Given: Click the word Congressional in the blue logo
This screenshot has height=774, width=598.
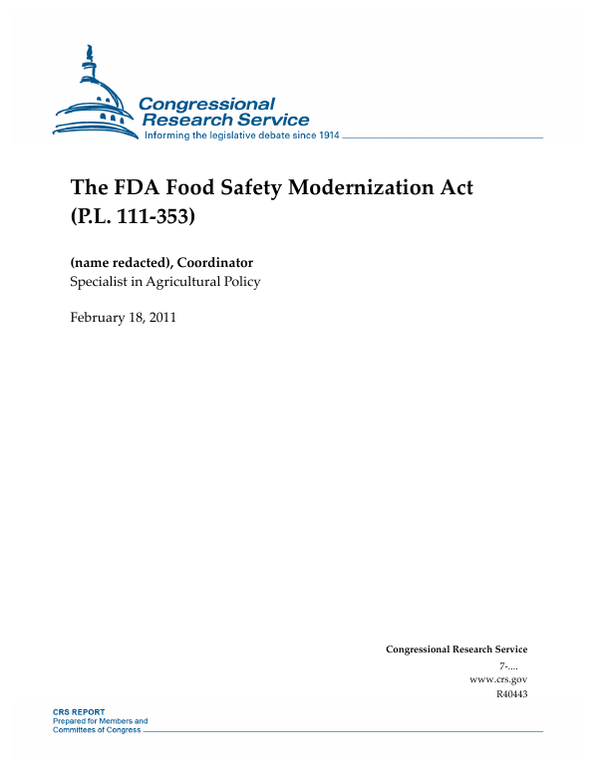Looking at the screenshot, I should (x=205, y=104).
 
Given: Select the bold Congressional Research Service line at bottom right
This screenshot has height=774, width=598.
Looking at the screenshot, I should (x=455, y=649).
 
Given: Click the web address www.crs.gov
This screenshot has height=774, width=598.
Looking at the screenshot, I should (x=497, y=679).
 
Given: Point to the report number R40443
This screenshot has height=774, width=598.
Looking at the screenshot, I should (x=510, y=694).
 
